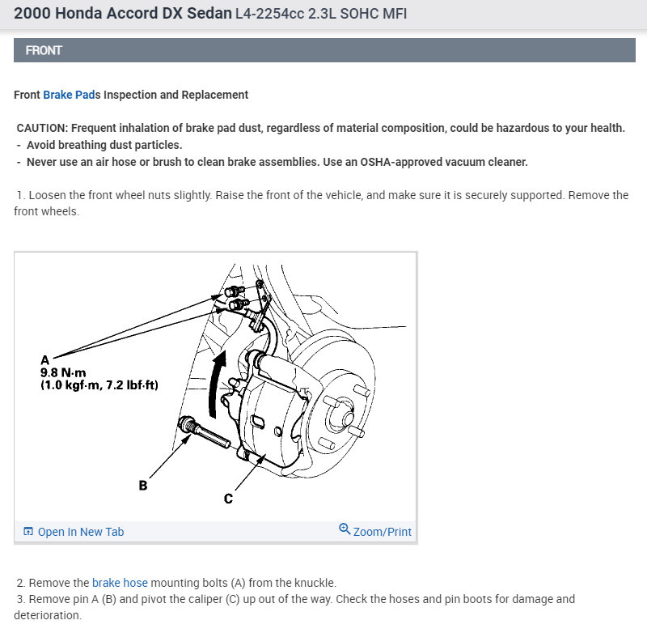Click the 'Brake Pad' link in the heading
tap(69, 95)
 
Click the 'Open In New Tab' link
tap(81, 532)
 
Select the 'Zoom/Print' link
tap(383, 532)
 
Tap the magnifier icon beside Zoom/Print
tap(345, 530)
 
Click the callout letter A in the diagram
tap(44, 359)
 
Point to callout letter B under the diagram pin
tap(143, 486)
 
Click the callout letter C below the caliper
tap(228, 499)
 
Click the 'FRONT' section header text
tap(44, 50)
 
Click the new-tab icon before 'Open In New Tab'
tap(28, 532)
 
